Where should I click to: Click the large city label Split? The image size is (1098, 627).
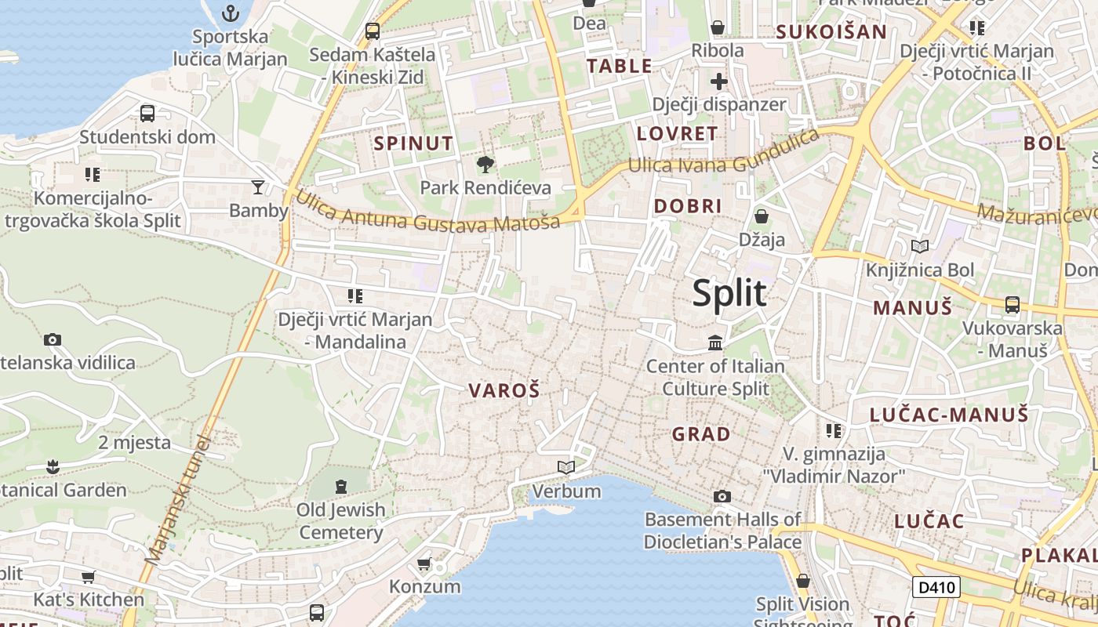coord(729,293)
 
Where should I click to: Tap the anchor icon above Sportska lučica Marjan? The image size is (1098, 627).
coord(231,13)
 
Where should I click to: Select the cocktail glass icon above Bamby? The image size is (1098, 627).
coord(258,187)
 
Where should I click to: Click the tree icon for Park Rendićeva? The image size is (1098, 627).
coord(485,165)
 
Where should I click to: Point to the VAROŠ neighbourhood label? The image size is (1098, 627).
coord(504,390)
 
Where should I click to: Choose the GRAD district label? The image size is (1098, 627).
coord(701,433)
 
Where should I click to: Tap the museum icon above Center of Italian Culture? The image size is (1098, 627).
coord(715,342)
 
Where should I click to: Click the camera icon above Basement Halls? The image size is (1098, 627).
coord(722,496)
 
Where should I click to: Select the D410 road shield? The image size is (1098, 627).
coord(936,587)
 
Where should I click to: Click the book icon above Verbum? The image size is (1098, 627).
coord(566,468)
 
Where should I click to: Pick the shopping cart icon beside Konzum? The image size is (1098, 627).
coord(424,564)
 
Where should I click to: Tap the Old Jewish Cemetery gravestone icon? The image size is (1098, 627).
coord(340,487)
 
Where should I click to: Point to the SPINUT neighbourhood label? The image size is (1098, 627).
coord(413,143)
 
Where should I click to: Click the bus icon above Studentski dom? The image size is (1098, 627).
coord(147,114)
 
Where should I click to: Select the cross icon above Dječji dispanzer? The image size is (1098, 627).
coord(719,82)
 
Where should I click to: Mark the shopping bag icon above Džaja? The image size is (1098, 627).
coord(761,216)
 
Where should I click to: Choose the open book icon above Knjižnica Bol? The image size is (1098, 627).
coord(920,247)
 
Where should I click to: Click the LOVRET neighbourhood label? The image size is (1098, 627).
coord(677,133)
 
